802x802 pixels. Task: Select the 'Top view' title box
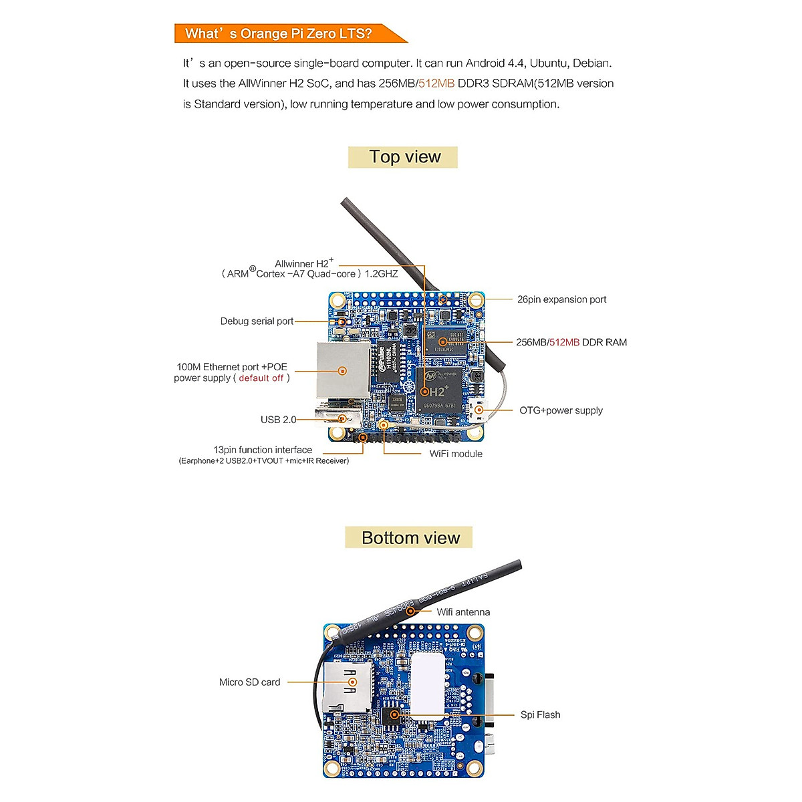tap(403, 157)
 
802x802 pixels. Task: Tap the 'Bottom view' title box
tap(409, 538)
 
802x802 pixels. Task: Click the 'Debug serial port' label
tap(257, 321)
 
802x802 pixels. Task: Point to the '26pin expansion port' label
tap(561, 299)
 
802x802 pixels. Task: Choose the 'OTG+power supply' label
tap(561, 410)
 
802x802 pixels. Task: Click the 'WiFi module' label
tap(456, 454)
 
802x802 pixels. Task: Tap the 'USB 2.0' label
tap(278, 420)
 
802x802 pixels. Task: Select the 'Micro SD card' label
tap(249, 682)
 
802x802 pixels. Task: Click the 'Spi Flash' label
tap(540, 715)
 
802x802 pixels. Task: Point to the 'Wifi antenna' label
tap(463, 612)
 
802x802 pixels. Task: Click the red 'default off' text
tap(261, 378)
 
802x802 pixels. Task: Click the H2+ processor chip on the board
tap(438, 389)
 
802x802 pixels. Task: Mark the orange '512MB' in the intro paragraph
tap(436, 84)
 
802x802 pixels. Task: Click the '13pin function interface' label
tap(263, 450)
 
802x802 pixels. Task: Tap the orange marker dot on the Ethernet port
tap(343, 371)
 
